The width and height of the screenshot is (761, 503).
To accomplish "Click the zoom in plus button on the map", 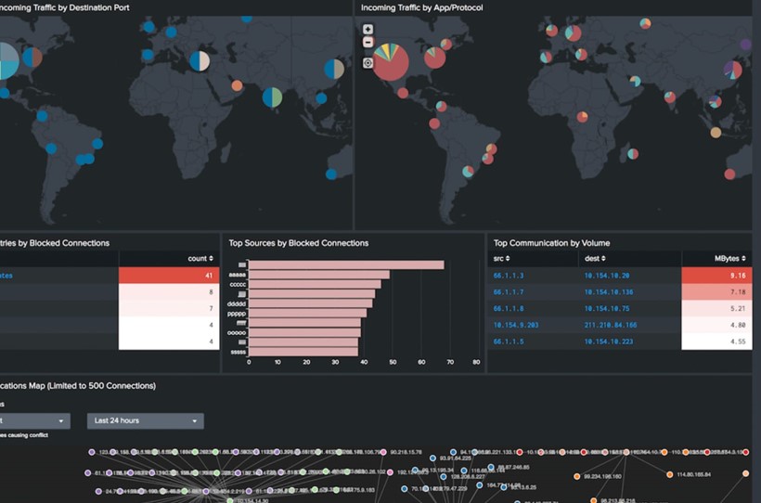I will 368,30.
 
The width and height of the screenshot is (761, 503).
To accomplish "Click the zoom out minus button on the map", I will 368,43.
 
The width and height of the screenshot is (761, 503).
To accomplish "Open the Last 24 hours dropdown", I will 146,420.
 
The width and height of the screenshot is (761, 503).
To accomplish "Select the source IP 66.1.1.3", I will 509,276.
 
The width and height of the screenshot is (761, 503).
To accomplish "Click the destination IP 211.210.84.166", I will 611,325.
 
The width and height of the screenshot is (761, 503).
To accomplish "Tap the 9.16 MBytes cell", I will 716,276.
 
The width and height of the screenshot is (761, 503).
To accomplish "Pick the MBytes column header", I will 716,259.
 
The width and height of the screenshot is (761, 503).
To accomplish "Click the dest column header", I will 595,259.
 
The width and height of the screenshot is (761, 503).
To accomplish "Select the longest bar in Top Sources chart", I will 346,264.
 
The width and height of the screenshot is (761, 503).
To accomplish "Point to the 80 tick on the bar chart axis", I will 476,362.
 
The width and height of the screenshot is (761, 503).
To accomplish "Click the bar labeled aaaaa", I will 318,275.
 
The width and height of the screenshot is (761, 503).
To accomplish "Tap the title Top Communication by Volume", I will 551,243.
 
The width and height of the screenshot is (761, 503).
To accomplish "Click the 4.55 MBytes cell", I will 716,342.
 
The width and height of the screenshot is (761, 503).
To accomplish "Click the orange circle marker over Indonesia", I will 716,133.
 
